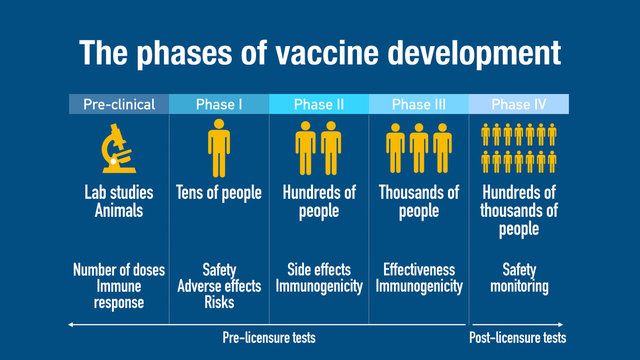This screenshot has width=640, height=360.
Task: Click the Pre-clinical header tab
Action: pos(118,104)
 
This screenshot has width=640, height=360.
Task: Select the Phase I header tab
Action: pos(218,104)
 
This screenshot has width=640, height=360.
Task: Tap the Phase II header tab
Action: pos(318,104)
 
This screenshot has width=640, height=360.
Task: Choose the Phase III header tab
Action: pos(418,104)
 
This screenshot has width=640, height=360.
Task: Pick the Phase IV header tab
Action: pos(518,104)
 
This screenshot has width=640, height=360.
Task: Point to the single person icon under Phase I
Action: pos(218,147)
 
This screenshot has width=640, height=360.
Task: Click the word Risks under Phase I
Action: pos(218,303)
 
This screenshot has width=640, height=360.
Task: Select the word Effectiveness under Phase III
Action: pos(418,270)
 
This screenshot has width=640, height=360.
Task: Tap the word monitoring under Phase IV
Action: pos(518,287)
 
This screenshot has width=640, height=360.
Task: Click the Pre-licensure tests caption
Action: pos(268,337)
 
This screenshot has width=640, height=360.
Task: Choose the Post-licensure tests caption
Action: pos(517,337)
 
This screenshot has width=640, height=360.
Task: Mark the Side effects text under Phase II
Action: pos(318,270)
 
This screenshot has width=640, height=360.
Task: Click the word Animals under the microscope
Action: pos(118,211)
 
